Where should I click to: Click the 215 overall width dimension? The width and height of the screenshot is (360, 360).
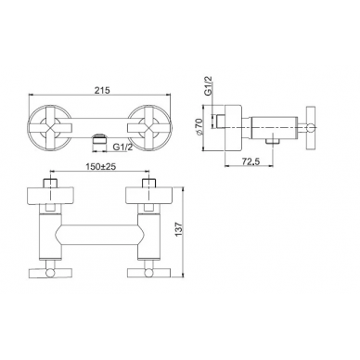pos(102,91)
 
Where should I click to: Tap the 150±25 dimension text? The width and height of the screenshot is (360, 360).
pos(100,167)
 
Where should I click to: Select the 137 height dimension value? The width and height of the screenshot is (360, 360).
pos(179,231)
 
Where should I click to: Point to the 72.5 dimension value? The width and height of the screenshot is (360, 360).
pos(251,162)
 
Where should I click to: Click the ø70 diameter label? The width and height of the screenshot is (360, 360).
pos(199,126)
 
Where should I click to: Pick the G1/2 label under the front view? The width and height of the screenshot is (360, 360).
pos(122,148)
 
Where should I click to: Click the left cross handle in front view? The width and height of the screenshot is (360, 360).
pos(50,127)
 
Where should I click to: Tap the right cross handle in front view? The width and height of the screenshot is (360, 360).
pos(148,127)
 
